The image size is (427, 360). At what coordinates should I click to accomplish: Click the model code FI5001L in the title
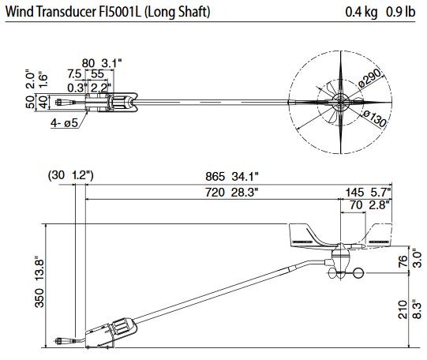click(119, 12)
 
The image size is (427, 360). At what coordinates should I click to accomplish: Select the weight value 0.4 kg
click(361, 12)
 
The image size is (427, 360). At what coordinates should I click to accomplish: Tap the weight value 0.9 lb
click(401, 12)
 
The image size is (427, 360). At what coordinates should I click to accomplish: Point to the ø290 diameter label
click(369, 77)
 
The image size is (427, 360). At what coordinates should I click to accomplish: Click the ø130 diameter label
click(375, 118)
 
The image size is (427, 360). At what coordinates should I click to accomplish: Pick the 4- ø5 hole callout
click(64, 123)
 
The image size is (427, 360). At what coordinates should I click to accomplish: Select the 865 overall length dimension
click(215, 176)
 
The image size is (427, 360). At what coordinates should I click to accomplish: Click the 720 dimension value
click(215, 193)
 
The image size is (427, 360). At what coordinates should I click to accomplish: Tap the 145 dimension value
click(354, 193)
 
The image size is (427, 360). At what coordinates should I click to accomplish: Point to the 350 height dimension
click(39, 298)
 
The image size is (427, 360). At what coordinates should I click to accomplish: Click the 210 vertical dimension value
click(403, 309)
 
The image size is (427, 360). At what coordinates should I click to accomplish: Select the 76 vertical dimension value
click(403, 261)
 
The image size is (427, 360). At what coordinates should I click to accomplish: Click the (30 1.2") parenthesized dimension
click(71, 175)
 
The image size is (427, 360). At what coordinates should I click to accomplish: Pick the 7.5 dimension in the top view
click(74, 73)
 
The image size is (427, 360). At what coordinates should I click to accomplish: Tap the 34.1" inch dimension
click(245, 176)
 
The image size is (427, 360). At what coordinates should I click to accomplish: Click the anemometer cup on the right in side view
click(358, 273)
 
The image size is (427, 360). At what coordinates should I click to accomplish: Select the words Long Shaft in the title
click(178, 13)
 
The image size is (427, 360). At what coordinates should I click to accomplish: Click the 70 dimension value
click(356, 204)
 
